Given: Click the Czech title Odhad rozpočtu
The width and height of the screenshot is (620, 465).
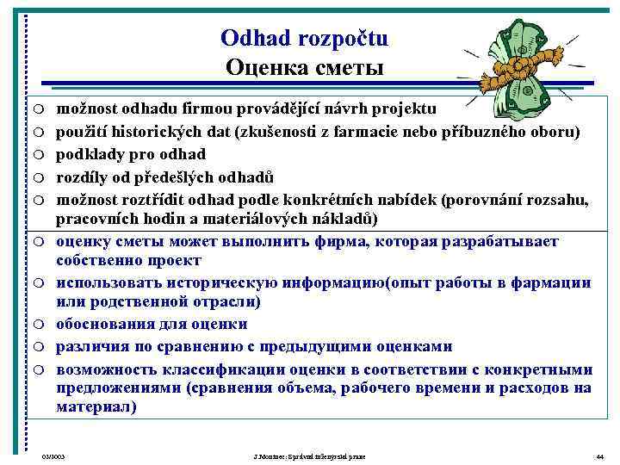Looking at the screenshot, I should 304,39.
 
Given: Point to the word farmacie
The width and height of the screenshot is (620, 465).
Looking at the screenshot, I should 380,132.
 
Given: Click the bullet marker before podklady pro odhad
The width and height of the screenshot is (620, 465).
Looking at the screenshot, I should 40,155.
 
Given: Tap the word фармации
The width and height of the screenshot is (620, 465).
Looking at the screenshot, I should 551,282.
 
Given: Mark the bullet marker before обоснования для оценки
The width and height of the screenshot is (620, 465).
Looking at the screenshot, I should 40,325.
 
